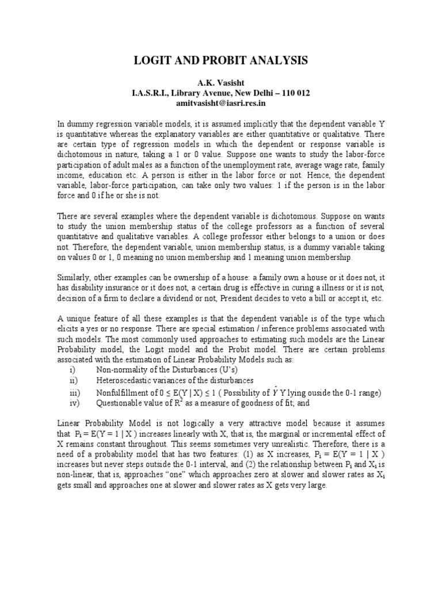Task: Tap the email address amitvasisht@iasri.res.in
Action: pyautogui.click(x=222, y=104)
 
